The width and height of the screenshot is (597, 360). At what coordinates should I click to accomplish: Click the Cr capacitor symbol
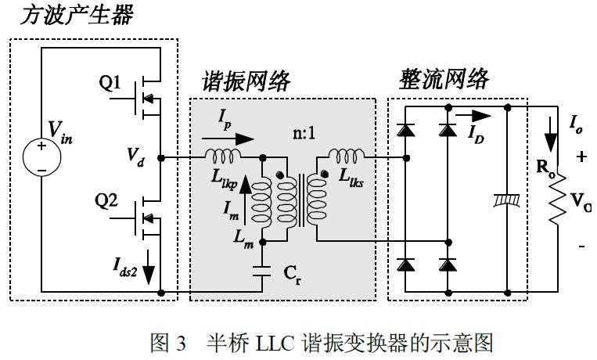pos(262,273)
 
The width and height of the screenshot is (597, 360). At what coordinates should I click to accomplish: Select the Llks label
pos(357,175)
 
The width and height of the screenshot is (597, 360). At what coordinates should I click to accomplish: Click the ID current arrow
pos(481,116)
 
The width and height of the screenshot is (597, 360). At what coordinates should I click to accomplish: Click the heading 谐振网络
pos(246,81)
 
